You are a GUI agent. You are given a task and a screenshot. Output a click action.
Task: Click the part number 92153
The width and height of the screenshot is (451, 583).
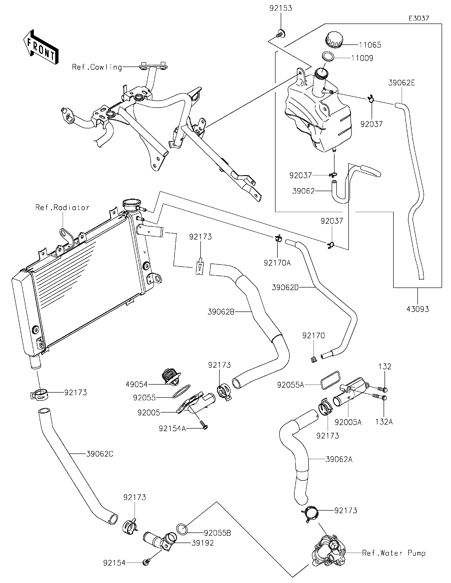[280, 8]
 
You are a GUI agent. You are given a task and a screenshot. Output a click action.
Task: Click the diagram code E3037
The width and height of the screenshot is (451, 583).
[419, 18]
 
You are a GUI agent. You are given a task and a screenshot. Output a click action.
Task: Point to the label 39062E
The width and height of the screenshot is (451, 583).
[401, 83]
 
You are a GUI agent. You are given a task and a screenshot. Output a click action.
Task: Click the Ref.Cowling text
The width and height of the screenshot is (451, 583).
[97, 67]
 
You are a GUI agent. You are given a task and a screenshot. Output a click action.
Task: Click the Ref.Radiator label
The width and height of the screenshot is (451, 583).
[62, 207]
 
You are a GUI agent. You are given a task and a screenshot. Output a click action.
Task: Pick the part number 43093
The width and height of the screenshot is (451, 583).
[418, 309]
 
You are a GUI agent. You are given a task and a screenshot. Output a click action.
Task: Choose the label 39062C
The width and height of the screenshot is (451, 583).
[100, 454]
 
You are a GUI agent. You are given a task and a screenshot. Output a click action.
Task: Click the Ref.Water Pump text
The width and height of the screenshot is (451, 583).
[394, 553]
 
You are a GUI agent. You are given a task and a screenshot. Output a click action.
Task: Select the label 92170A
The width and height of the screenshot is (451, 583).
[277, 263]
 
